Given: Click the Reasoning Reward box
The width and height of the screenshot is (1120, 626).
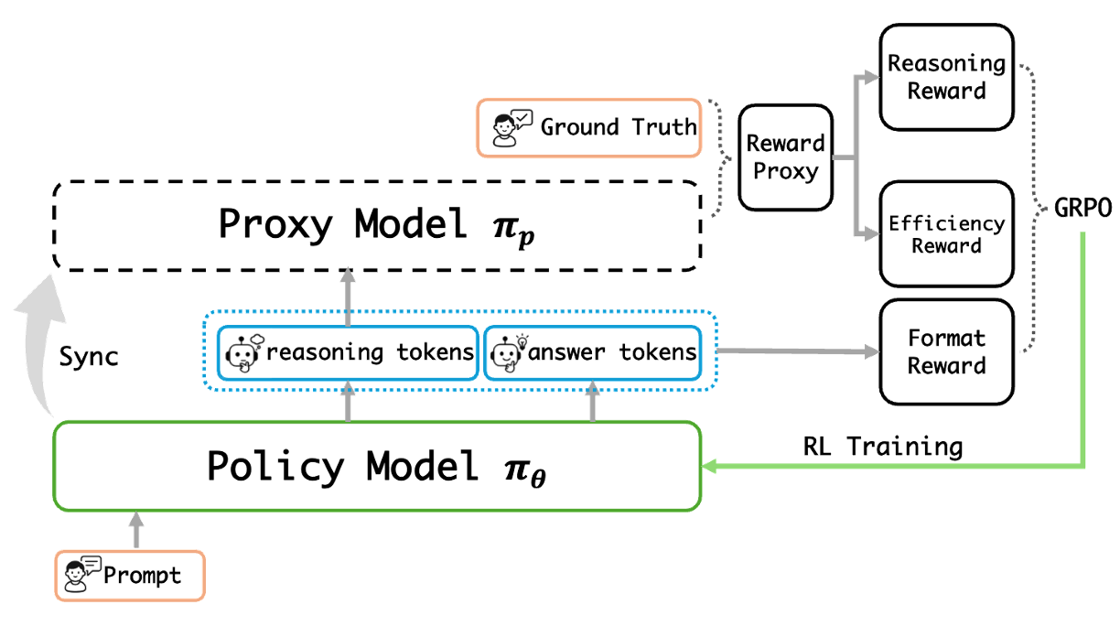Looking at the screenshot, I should coord(946,78).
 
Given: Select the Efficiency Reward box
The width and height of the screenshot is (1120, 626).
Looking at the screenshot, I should coord(946,234).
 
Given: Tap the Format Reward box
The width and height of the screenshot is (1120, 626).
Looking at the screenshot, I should coord(946,351).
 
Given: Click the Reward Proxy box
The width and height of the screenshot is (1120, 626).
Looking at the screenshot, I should coord(786,156).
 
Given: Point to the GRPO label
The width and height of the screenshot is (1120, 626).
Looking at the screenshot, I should coord(1083,209).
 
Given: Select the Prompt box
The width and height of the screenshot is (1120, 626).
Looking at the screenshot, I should coord(130,576).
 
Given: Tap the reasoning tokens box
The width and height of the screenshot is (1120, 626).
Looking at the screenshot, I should coord(347,352).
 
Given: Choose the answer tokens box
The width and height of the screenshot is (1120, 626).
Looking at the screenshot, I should coord(591,352).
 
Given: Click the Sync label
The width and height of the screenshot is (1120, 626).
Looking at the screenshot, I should coord(89,356).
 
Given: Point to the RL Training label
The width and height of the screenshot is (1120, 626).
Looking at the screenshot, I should coord(883,447).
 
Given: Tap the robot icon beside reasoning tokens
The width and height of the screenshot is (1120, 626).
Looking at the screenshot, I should coord(244,352).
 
